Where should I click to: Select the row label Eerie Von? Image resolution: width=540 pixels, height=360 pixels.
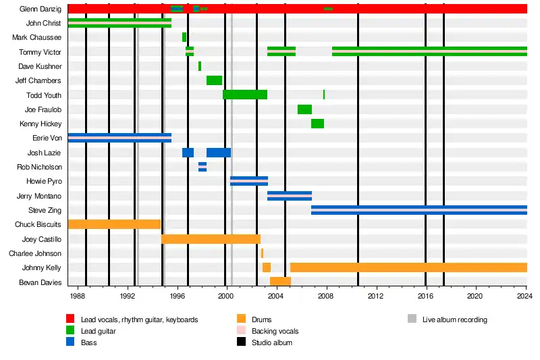[x=47, y=138]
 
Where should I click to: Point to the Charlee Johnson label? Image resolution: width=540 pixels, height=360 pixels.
[x=35, y=254]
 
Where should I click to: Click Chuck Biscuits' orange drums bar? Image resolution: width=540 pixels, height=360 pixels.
[x=114, y=224]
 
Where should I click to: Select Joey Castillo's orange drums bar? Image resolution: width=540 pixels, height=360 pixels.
[x=211, y=239]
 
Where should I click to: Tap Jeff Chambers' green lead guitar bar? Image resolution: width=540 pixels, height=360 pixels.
[x=214, y=80]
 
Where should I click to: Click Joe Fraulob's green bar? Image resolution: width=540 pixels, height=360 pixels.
[x=304, y=109]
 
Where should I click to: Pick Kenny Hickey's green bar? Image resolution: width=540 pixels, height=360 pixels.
[x=317, y=124]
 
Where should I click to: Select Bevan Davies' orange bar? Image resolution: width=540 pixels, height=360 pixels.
[x=280, y=281]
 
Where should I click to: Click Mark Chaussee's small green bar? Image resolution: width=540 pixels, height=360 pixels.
[x=184, y=37]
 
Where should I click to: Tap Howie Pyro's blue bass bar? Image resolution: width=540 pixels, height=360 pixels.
[x=249, y=181]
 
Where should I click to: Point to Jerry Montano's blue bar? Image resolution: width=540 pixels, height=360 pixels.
[x=290, y=196]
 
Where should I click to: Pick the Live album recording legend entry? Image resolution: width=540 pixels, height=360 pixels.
[x=454, y=319]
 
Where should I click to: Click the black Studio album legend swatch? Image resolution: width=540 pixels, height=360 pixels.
[x=241, y=343]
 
